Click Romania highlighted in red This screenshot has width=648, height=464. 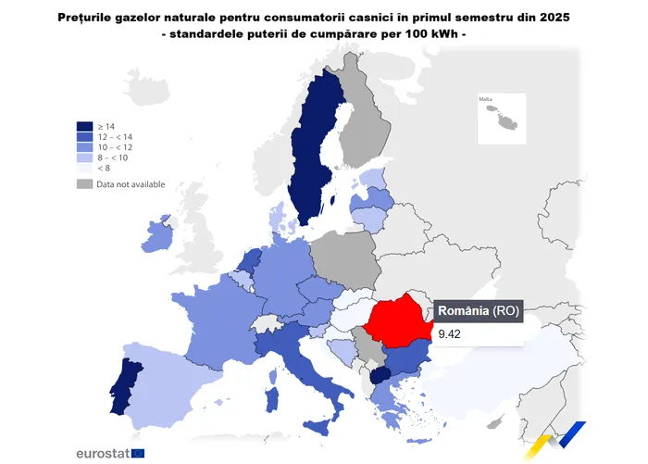(x=398, y=324)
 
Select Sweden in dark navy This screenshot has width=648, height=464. (x=310, y=157)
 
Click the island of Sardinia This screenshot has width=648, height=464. (x=273, y=399)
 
